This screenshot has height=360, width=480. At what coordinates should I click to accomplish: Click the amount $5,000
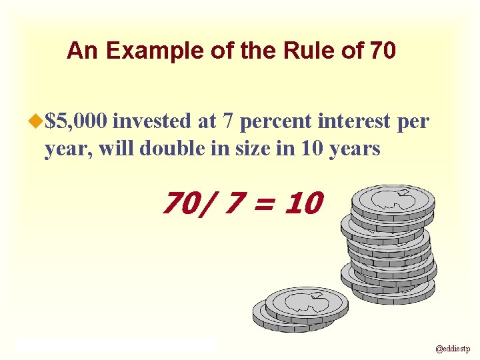[76, 121]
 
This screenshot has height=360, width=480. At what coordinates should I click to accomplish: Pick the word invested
[153, 121]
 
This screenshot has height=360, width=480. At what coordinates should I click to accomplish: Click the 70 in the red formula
[181, 202]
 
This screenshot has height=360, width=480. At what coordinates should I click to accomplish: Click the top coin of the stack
[393, 199]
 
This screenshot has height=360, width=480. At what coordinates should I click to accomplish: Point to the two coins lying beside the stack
[300, 307]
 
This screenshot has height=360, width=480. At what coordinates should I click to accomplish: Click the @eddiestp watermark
[453, 348]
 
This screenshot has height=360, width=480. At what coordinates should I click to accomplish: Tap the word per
[414, 121]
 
